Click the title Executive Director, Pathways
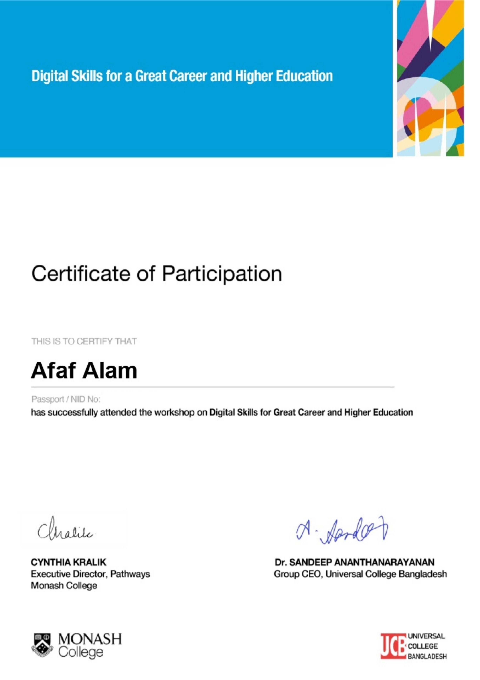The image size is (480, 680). click(90, 574)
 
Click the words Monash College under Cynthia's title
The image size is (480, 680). click(64, 586)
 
